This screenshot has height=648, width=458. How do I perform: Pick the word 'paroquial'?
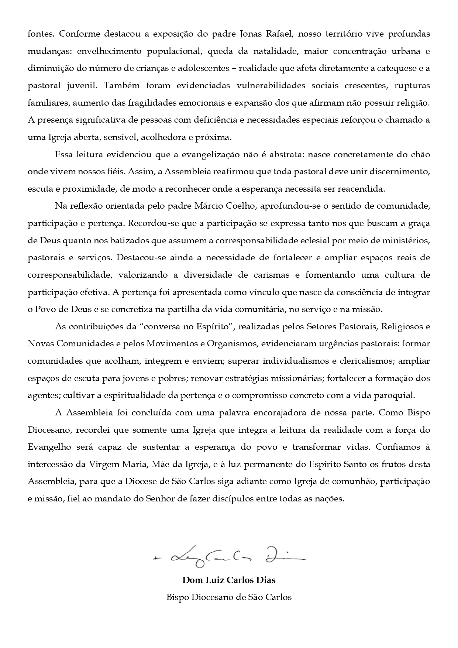pos(397,395)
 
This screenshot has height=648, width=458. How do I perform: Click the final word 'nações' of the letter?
pos(331,498)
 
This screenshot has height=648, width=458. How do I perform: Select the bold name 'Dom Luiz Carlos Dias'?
pos(229,580)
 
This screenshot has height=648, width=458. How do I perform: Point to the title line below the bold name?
pos(229,597)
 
